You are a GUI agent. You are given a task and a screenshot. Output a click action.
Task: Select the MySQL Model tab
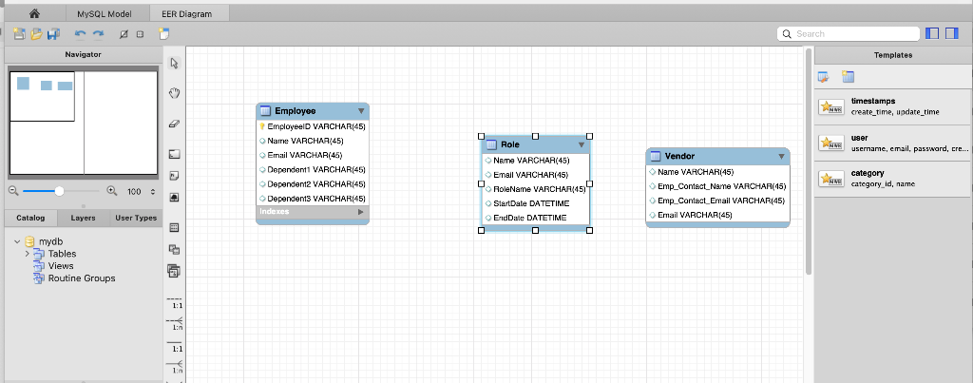coord(105,14)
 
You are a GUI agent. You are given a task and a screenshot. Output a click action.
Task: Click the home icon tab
coord(34,14)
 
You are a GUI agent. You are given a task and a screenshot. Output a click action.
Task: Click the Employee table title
coord(295,111)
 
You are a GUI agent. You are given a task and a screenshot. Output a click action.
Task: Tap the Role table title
coord(510,144)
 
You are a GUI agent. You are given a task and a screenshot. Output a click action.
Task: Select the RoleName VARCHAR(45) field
coord(539,189)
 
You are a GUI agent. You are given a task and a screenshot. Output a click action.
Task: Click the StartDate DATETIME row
coord(532,203)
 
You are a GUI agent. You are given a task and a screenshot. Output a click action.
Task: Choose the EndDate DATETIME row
coord(529,218)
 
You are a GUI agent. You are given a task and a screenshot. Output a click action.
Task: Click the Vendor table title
coord(679,156)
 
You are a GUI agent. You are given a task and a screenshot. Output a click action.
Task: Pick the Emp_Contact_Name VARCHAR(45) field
coord(721,186)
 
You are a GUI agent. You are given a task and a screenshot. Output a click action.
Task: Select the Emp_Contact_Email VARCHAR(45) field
coord(721,201)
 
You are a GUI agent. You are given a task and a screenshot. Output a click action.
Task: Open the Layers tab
coord(83,218)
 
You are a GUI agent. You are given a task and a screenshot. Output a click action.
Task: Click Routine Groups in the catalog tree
coord(82,278)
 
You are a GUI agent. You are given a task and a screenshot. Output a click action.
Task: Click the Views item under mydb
coord(61,266)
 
